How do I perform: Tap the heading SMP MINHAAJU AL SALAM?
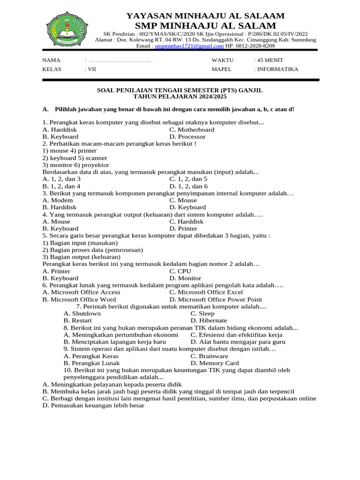tap(205, 25)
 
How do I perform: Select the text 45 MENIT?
tap(269, 60)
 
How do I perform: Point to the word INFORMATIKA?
tap(277, 69)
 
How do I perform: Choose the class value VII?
tap(90, 69)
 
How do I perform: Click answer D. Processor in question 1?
tap(187, 137)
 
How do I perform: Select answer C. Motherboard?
tap(192, 130)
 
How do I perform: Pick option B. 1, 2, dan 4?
tap(61, 186)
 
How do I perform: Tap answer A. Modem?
tap(58, 200)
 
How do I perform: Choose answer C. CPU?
tap(180, 271)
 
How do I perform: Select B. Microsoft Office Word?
tap(79, 300)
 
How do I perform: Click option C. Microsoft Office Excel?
tap(206, 292)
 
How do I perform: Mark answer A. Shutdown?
tap(82, 314)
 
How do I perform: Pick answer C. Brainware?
tap(209, 356)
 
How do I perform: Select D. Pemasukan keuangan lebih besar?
tap(93, 405)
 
